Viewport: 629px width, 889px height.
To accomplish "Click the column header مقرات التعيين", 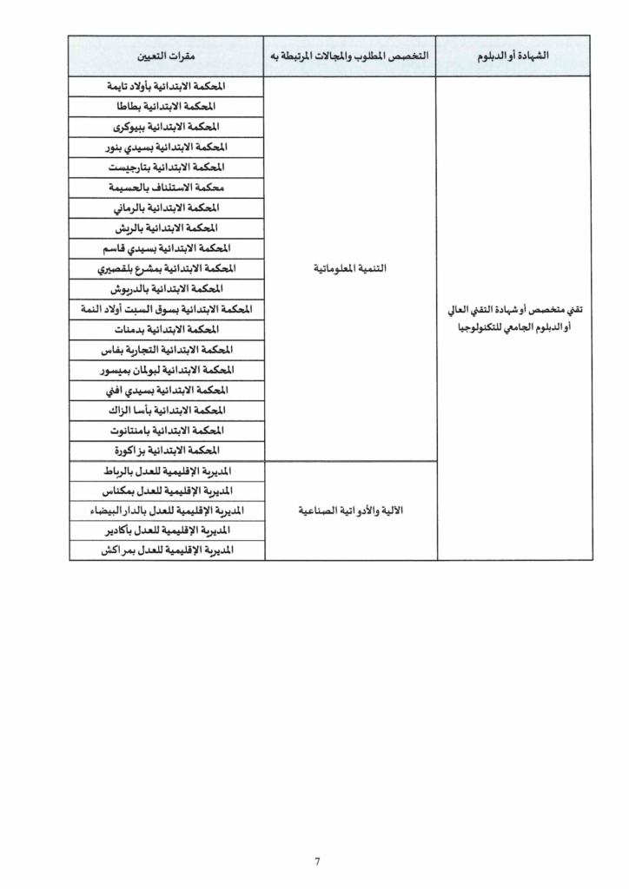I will pyautogui.click(x=166, y=57).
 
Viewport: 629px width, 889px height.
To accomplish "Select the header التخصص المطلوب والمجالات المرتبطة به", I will pyautogui.click(x=350, y=57).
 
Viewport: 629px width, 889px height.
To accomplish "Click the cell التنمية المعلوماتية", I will pyautogui.click(x=350, y=269).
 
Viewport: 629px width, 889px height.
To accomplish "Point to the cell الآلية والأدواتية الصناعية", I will pyautogui.click(x=350, y=510).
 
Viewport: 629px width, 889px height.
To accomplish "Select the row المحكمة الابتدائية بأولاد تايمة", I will pyautogui.click(x=166, y=87).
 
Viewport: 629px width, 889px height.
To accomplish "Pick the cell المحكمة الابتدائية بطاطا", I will pyautogui.click(x=166, y=107).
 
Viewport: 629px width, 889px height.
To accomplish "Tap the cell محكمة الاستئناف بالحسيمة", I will pyautogui.click(x=166, y=187).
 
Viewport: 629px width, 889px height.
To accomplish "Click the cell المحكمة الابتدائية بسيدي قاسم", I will pyautogui.click(x=166, y=248).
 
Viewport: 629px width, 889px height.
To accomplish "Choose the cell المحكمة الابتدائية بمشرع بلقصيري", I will pyautogui.click(x=166, y=268).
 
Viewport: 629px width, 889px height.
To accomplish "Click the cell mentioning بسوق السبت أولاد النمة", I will pyautogui.click(x=166, y=309).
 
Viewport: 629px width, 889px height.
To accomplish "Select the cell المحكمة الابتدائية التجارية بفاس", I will pyautogui.click(x=166, y=350).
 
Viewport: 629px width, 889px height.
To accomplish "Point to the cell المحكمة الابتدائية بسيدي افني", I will pyautogui.click(x=166, y=390).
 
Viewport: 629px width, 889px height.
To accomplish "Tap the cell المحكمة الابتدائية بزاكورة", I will pyautogui.click(x=166, y=451).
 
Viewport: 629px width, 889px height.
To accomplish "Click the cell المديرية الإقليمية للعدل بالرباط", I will pyautogui.click(x=166, y=471).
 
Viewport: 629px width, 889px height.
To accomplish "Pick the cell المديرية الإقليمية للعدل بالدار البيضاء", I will pyautogui.click(x=166, y=510).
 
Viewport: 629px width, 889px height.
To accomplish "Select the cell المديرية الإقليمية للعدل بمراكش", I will pyautogui.click(x=166, y=550).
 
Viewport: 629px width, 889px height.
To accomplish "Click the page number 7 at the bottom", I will pyautogui.click(x=318, y=862).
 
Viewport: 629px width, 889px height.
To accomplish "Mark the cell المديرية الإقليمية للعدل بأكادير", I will pyautogui.click(x=166, y=530).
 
